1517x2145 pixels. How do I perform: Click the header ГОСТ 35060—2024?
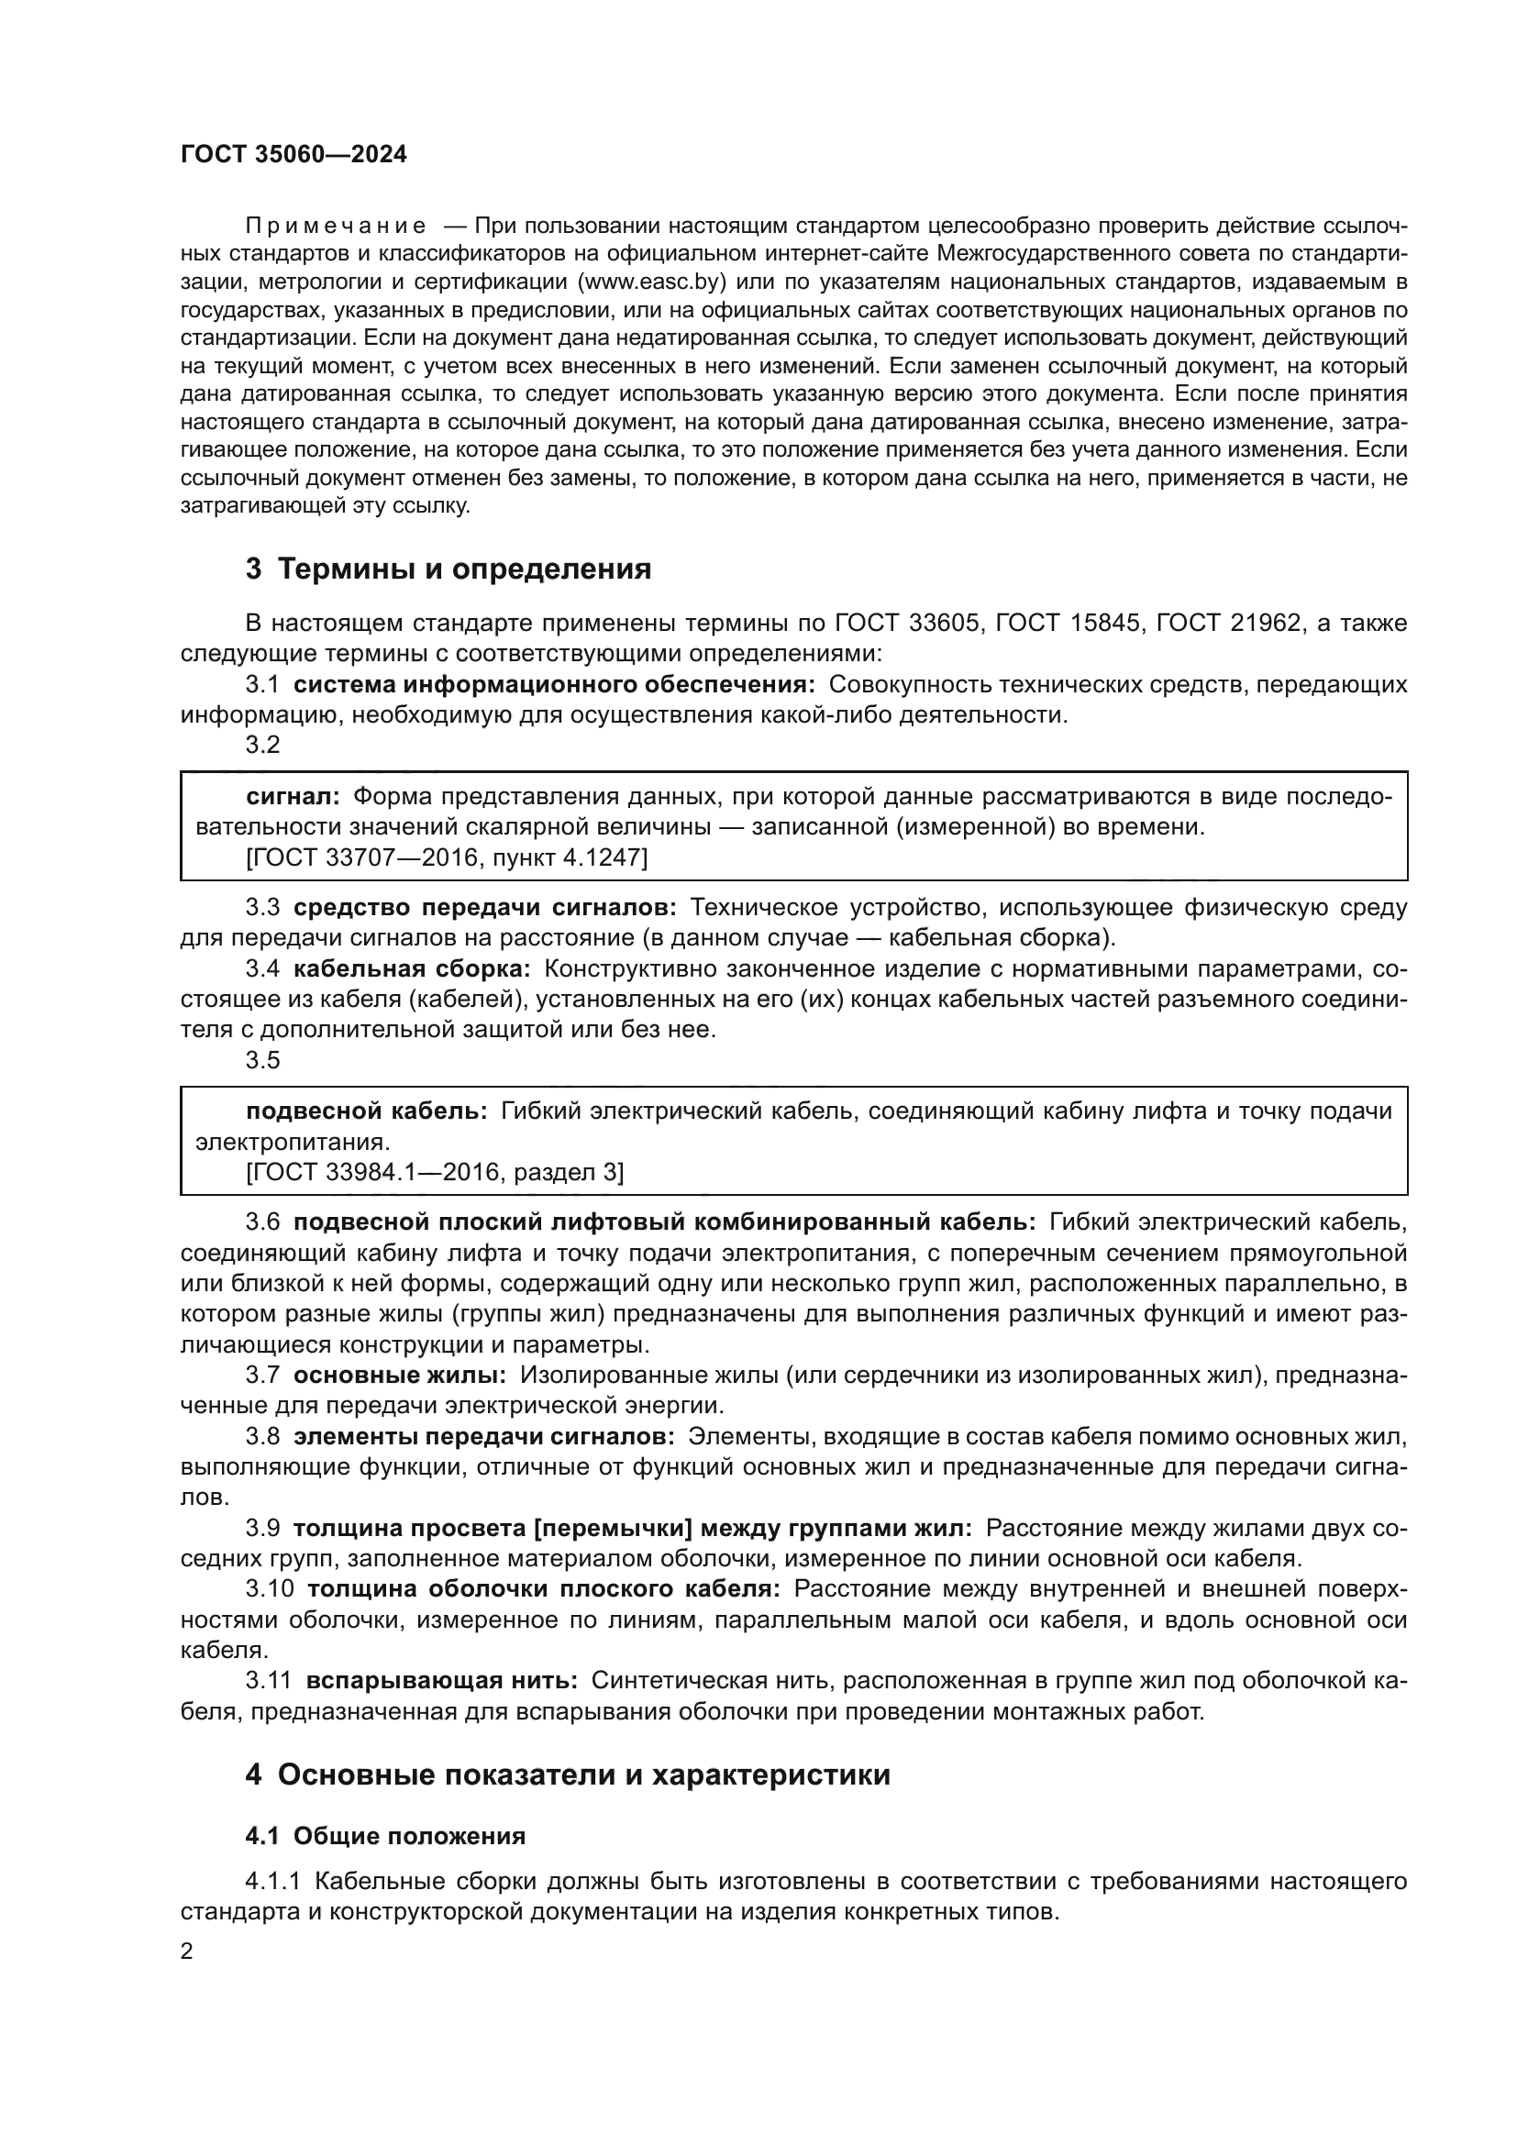(x=293, y=155)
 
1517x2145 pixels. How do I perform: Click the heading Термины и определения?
(x=448, y=569)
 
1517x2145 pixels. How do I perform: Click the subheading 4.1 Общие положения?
(x=385, y=1836)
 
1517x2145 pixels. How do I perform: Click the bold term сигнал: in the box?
(x=293, y=796)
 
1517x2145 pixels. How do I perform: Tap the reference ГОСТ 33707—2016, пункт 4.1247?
(x=447, y=857)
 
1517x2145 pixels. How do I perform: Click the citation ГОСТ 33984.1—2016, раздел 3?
(x=435, y=1171)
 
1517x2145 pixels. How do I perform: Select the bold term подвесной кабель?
(x=366, y=1110)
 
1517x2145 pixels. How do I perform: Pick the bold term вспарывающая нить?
(x=441, y=1680)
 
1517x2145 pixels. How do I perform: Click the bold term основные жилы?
(x=400, y=1375)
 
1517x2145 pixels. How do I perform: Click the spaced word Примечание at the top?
(x=336, y=227)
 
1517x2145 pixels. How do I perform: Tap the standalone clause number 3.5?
(x=262, y=1059)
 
